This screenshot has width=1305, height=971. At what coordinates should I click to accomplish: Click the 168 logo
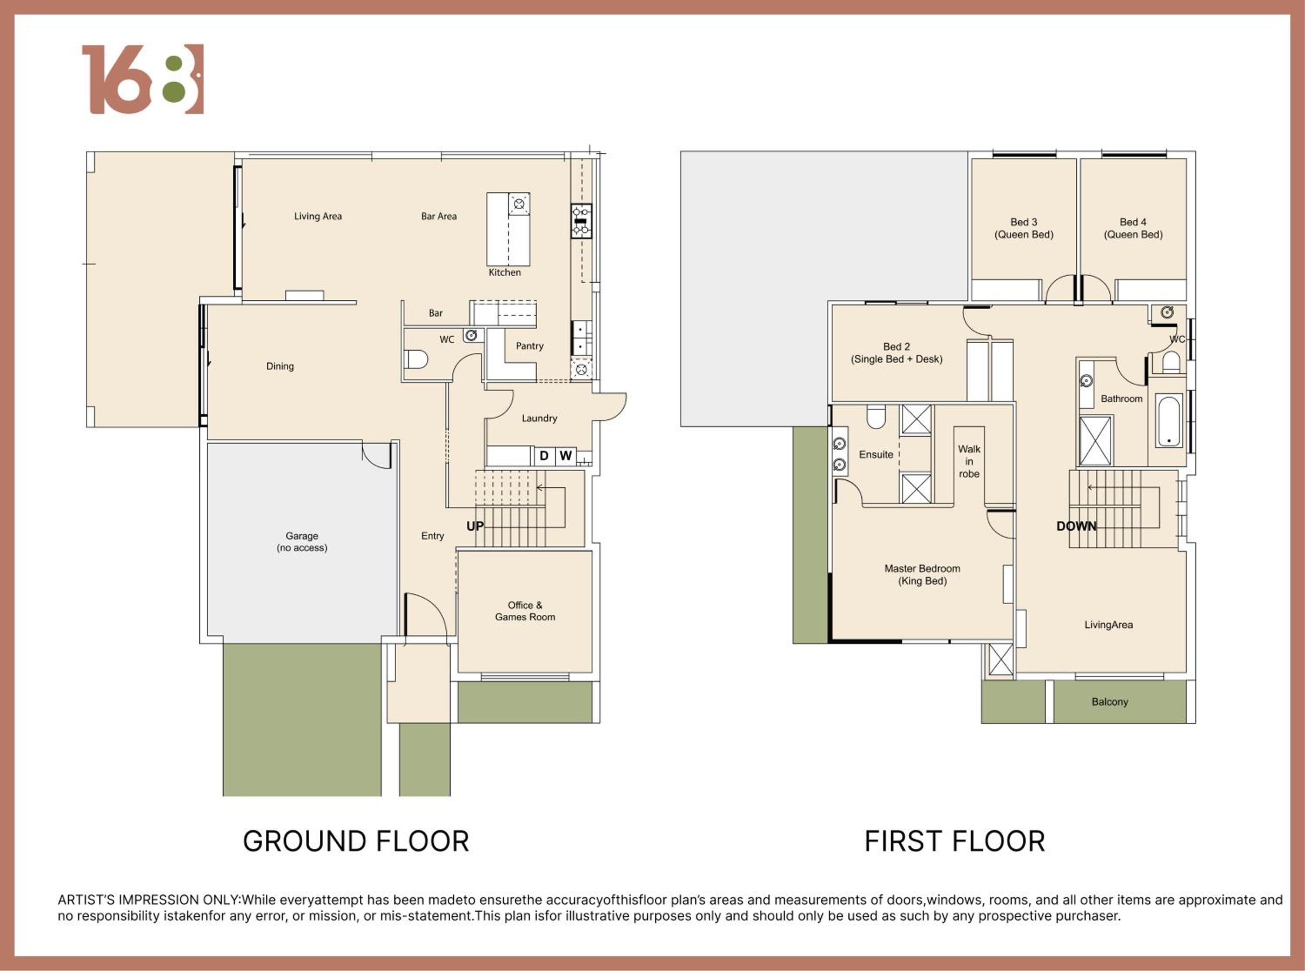point(143,79)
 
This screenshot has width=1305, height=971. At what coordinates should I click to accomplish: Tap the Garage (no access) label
point(302,541)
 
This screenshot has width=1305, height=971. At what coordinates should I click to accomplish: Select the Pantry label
point(529,345)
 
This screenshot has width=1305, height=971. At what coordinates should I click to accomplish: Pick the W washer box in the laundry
point(565,455)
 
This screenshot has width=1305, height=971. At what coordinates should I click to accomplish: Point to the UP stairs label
point(475,526)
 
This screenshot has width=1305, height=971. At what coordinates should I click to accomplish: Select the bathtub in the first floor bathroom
point(1169,421)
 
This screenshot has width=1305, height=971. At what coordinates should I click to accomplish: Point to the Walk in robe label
point(969,462)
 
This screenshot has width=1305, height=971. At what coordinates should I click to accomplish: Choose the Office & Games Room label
point(525,611)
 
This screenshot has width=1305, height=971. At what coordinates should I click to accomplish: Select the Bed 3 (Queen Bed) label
point(1024,228)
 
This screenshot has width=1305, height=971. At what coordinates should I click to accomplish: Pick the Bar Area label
point(439,216)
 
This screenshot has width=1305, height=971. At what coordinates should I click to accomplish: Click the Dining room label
point(280,366)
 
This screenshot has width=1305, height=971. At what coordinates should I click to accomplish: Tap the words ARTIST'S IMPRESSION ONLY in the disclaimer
point(149,900)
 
